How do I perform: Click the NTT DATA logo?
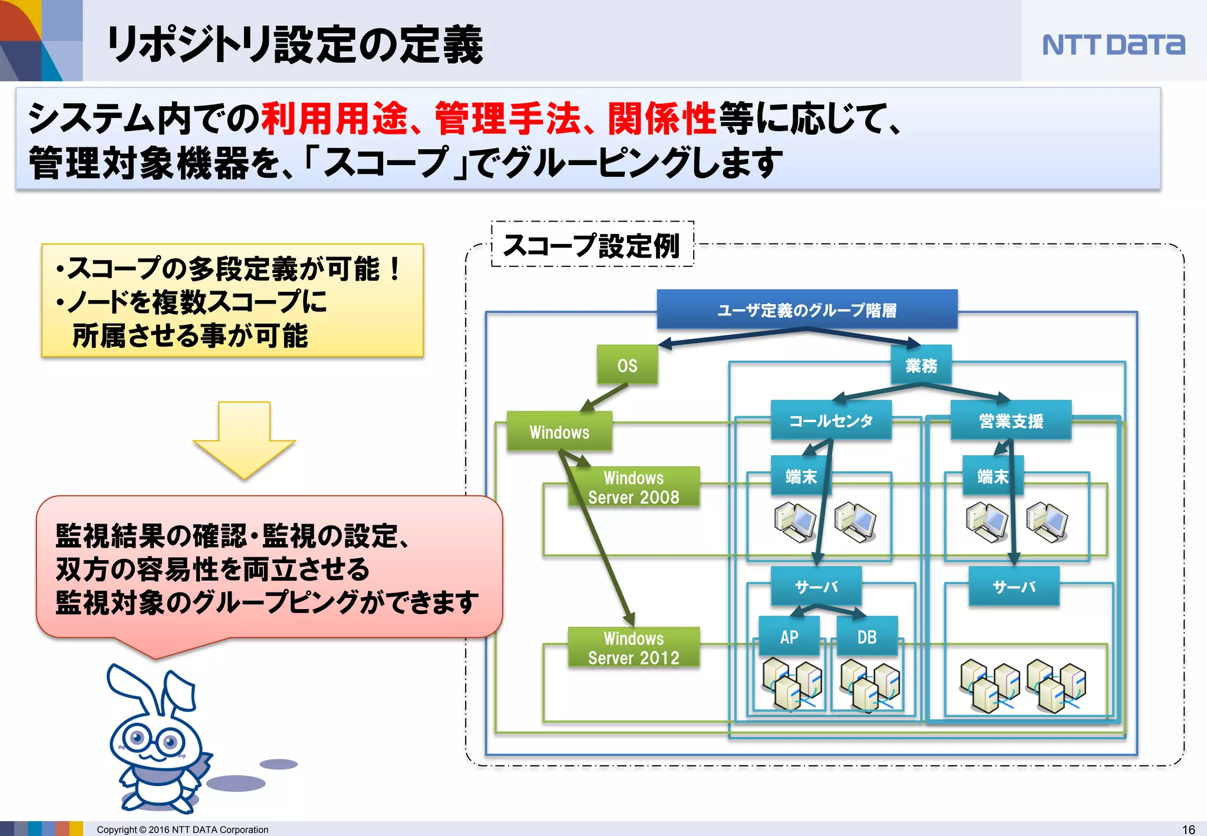[x=1113, y=45]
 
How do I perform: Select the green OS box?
[x=627, y=365]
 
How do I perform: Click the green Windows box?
[x=559, y=432]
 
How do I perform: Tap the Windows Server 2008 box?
[x=634, y=487]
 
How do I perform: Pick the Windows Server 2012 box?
[x=634, y=647]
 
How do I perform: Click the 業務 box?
[x=921, y=365]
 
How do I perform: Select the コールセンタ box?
[x=830, y=420]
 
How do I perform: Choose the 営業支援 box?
[x=1011, y=420]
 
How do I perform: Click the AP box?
[x=789, y=636]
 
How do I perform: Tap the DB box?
[x=866, y=636]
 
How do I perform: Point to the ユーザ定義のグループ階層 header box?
[x=807, y=310]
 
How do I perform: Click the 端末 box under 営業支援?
[x=992, y=476]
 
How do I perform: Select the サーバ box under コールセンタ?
[x=816, y=586]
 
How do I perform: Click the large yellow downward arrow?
[x=244, y=439]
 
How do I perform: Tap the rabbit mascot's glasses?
[x=154, y=740]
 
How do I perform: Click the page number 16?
[x=1188, y=829]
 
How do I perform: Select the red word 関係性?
[x=661, y=118]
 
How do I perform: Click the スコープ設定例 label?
[x=592, y=245]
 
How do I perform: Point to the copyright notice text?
[x=182, y=830]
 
